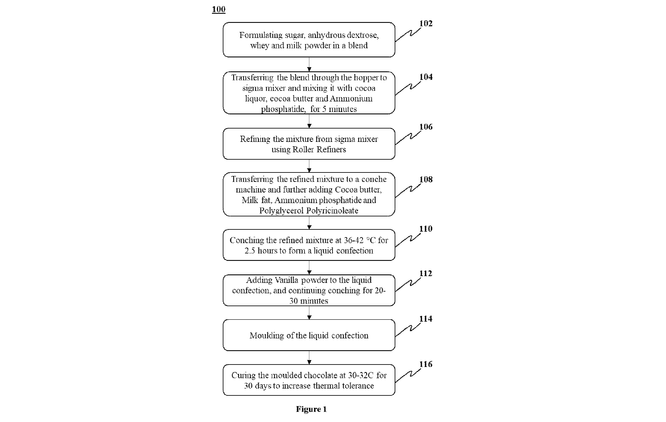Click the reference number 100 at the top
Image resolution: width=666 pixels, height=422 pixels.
[x=219, y=9]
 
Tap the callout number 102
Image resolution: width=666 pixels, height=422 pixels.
[x=426, y=24]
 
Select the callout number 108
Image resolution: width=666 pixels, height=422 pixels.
[x=426, y=179]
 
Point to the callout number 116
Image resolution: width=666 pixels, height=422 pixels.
[x=426, y=364]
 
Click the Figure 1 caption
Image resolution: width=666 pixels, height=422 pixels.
[x=311, y=409]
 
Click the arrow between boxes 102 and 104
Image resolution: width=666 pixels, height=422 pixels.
[x=309, y=64]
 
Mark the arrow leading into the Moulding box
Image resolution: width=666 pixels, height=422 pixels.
[x=309, y=313]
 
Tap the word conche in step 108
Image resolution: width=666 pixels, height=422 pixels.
[x=374, y=179]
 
